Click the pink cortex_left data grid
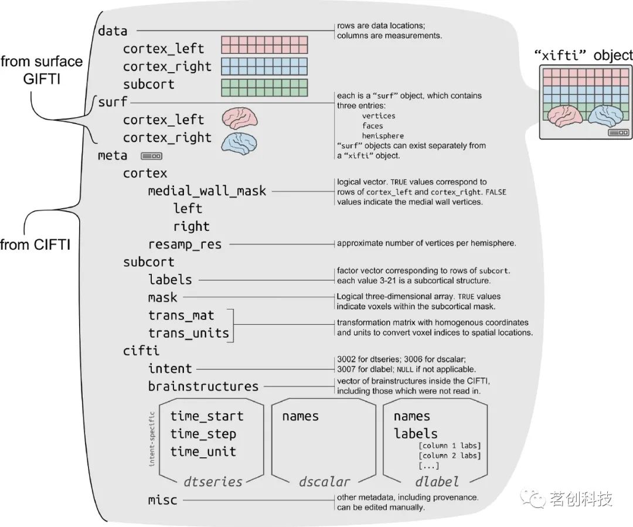tap(264, 45)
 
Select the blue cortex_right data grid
tap(264, 66)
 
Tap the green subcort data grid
tap(264, 87)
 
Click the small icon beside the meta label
tap(151, 156)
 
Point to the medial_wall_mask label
tap(207, 191)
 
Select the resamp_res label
tap(185, 244)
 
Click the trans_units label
tap(188, 333)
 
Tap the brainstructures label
tap(203, 386)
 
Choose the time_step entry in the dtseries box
tap(203, 434)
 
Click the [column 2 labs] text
tap(449, 455)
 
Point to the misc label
tap(162, 500)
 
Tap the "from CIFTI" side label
tap(35, 245)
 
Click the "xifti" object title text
tap(584, 55)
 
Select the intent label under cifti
tap(170, 369)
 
